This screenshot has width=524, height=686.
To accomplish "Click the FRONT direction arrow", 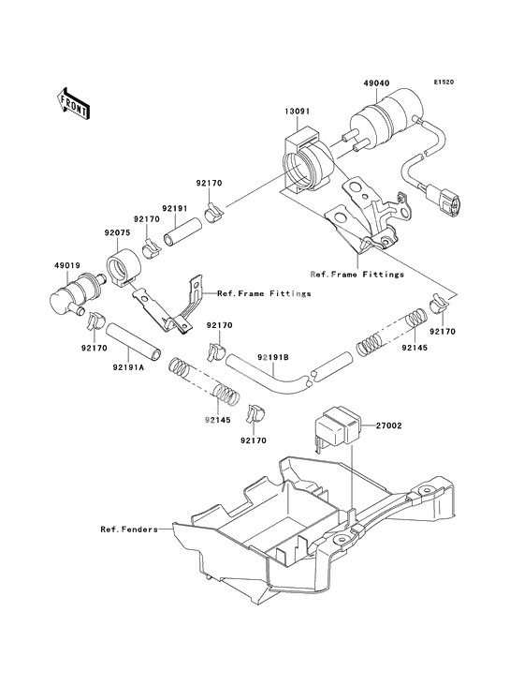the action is (x=73, y=104).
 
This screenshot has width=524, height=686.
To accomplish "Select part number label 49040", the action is (x=376, y=83).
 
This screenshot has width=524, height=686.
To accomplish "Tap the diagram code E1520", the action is (x=444, y=82).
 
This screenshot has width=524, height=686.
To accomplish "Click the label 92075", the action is (x=117, y=233).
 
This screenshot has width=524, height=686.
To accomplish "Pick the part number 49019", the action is (x=67, y=265).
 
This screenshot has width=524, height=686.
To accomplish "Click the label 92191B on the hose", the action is (x=273, y=357).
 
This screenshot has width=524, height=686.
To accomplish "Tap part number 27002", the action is (x=388, y=425).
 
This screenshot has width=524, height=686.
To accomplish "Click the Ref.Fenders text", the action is (x=129, y=529).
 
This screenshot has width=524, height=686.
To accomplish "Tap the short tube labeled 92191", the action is (x=183, y=231).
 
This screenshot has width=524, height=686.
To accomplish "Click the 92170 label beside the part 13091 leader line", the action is (x=209, y=183).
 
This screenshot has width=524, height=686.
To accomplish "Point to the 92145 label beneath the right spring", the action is (x=415, y=349).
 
